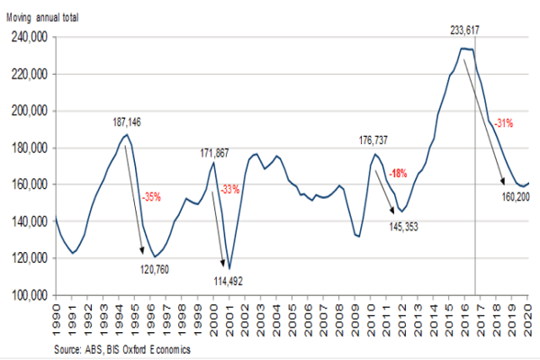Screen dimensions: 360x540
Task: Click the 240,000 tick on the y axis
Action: click(28, 38)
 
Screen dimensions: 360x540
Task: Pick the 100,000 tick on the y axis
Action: click(28, 295)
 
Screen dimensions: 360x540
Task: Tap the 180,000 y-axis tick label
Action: click(28, 148)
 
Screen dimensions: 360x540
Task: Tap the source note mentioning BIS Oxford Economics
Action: click(121, 348)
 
